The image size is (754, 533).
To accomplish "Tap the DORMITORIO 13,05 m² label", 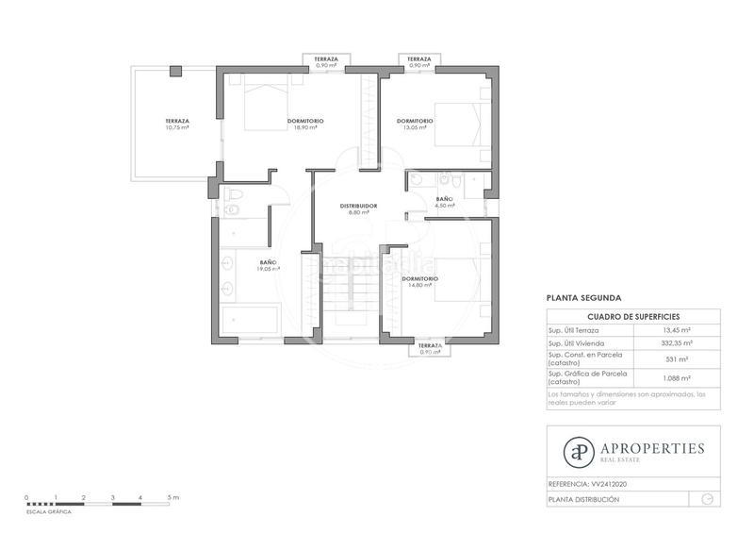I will tap(415, 125).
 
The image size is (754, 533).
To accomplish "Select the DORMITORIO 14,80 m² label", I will tap(418, 283).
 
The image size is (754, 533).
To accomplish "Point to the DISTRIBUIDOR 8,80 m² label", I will tap(358, 209).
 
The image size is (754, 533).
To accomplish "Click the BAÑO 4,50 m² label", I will tap(444, 203).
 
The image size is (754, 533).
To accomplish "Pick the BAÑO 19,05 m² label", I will tap(268, 266).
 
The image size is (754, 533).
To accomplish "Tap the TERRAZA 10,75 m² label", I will tap(177, 125).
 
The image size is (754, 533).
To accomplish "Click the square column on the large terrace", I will tap(175, 72).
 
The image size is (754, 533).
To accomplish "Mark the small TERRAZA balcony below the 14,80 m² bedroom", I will tap(430, 349).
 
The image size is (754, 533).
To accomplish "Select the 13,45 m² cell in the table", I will tap(678, 330).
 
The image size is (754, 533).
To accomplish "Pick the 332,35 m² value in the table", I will tap(678, 344).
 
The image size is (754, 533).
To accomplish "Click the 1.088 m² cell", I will tap(678, 378).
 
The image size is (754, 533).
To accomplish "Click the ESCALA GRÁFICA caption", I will tap(49, 510).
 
